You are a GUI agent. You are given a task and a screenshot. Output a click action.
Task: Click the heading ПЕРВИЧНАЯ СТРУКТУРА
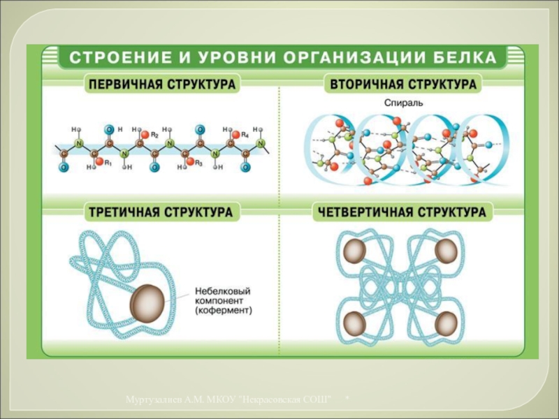161,85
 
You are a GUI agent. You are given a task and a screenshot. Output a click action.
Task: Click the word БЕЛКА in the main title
469,57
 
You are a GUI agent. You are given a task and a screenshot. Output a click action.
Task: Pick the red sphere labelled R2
143,134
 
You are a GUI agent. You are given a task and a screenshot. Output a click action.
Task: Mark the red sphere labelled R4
236,134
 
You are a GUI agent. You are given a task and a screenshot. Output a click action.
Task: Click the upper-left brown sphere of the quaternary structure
354,251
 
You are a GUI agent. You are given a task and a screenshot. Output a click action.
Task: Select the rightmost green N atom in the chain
261,145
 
